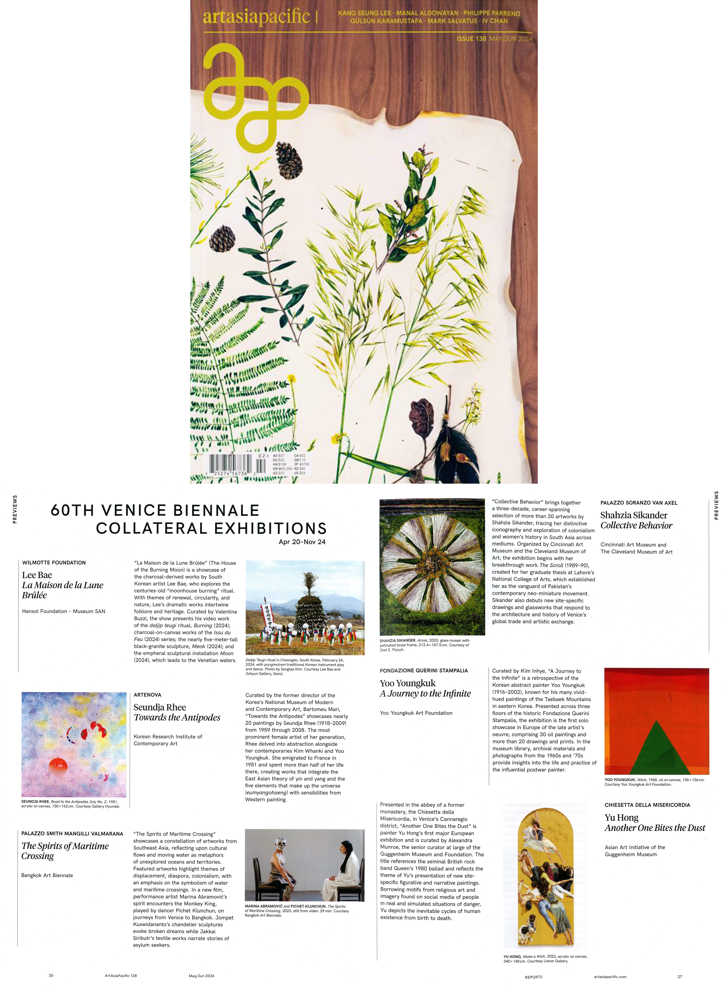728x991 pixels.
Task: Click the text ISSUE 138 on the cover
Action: [471, 39]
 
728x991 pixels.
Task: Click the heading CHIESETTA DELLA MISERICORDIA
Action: [647, 805]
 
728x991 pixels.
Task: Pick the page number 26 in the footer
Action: [51, 975]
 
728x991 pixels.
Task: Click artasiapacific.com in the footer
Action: [610, 976]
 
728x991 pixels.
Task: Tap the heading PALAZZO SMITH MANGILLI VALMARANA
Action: [72, 833]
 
